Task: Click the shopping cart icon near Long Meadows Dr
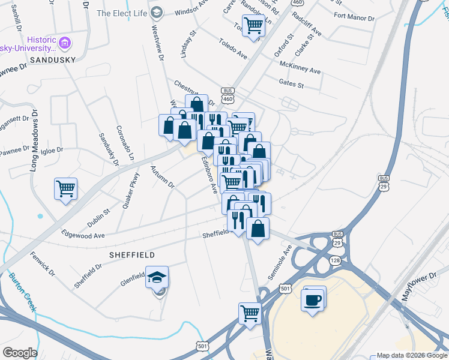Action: click(x=65, y=188)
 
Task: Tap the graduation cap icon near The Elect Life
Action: click(x=157, y=12)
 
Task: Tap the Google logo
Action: click(x=20, y=353)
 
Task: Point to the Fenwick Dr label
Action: click(x=43, y=264)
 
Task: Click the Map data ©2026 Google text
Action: click(x=411, y=355)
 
